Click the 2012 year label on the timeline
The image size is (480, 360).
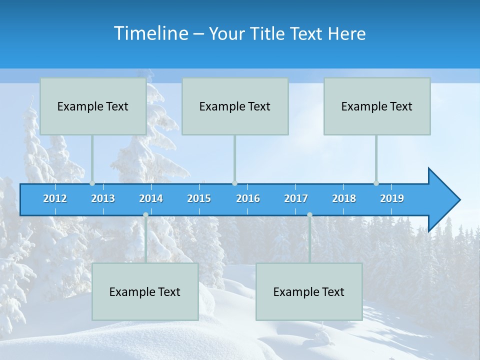point(55,198)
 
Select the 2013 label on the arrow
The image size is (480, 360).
point(103,198)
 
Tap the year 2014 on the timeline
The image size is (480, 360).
point(151,198)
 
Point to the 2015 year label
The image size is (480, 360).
point(199,198)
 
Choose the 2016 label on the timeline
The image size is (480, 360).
point(248,198)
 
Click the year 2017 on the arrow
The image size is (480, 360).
point(296,198)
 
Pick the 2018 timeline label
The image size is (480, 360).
point(344,198)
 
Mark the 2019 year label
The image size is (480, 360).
point(392,198)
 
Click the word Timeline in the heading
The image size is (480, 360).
point(150,33)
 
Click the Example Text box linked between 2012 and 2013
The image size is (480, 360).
point(93,106)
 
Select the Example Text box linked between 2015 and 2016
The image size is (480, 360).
point(235,106)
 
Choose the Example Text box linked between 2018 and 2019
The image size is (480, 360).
point(377,106)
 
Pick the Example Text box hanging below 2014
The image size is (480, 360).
point(145,292)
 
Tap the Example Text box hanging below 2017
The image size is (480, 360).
point(309,292)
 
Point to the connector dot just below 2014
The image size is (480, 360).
point(146,214)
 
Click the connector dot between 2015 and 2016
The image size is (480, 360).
point(235,183)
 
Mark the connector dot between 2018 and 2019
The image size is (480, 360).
point(376,183)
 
